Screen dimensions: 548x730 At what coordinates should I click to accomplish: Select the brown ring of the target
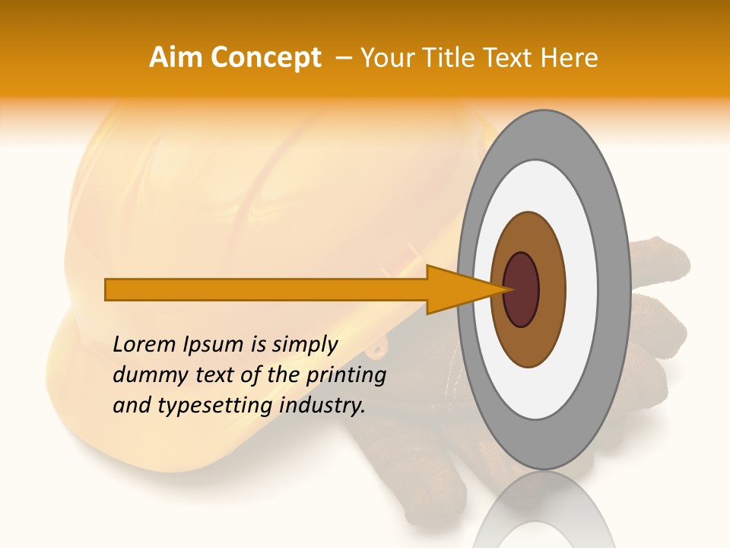(551, 289)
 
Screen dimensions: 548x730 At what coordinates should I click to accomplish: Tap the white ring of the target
(582, 289)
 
